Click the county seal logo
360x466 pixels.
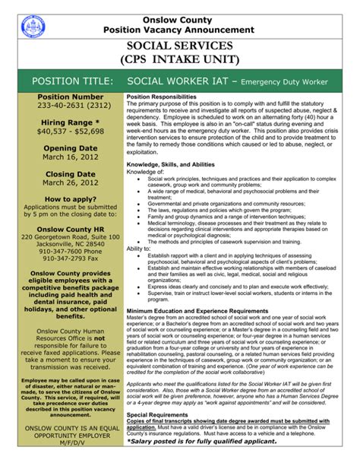[33, 27]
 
